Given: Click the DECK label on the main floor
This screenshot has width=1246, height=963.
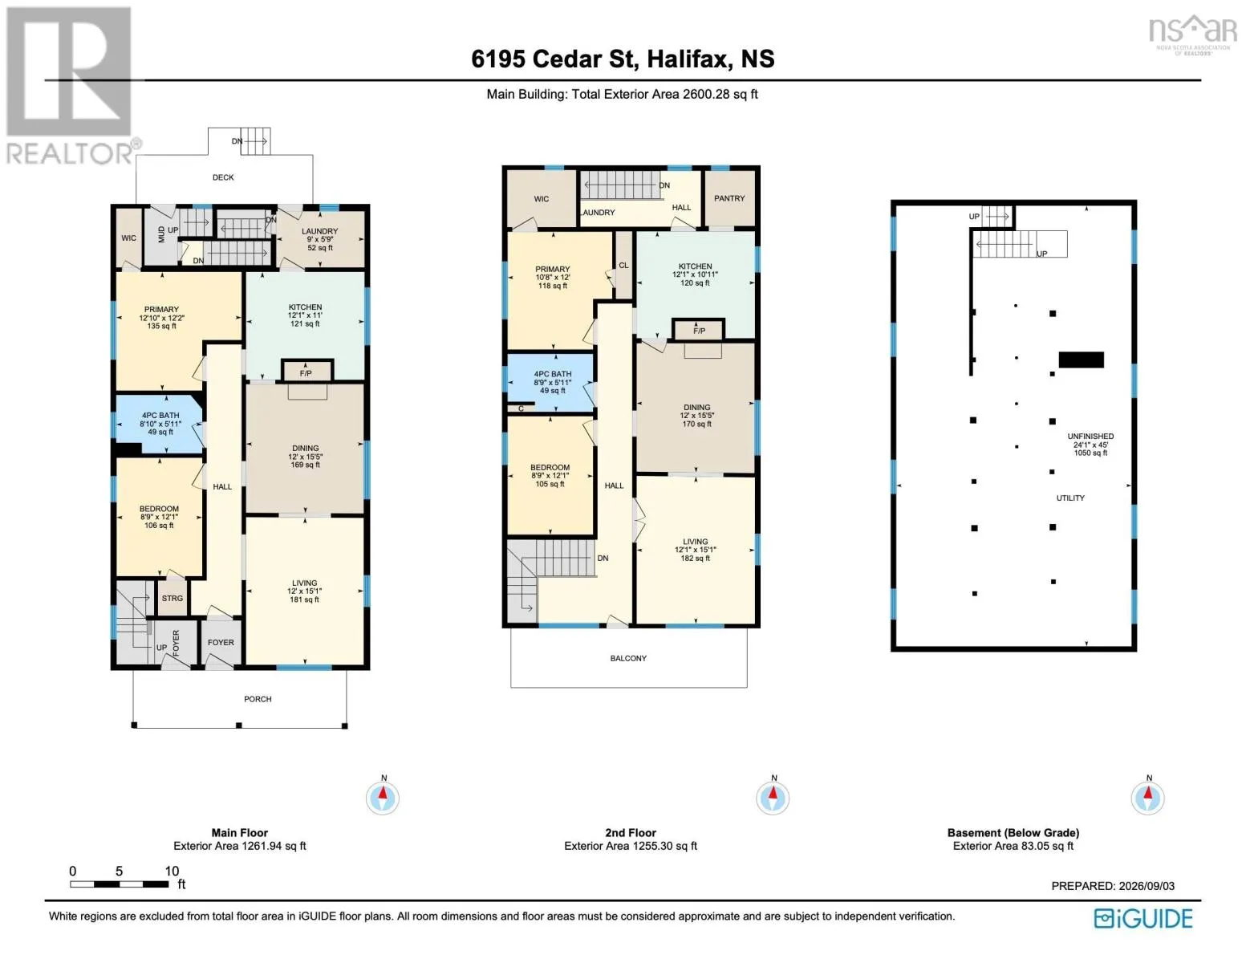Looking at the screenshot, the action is [x=223, y=178].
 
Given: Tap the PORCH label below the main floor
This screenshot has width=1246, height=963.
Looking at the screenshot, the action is [x=258, y=699].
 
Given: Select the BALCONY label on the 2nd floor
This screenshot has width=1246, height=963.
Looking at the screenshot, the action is [x=628, y=658].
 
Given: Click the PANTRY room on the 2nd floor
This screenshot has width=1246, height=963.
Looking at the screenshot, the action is [x=729, y=198].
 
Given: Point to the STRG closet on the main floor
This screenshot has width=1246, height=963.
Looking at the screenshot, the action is [x=172, y=598].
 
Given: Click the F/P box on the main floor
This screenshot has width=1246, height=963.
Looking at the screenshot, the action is [x=306, y=372].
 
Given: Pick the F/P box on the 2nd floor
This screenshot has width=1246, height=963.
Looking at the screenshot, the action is [x=699, y=330].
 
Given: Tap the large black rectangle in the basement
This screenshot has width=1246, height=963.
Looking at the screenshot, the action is [x=1081, y=360].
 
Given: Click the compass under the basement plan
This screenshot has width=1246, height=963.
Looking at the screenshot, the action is [x=1148, y=798].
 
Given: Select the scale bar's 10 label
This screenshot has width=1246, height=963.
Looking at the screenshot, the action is [x=172, y=871].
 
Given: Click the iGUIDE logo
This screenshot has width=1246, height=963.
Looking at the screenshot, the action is [x=1143, y=918].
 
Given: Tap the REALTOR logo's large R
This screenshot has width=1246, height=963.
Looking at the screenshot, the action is [x=69, y=71].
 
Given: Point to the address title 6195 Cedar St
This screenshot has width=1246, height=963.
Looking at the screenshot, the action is [x=554, y=59].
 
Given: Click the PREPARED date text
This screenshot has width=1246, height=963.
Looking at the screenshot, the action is [x=1112, y=886].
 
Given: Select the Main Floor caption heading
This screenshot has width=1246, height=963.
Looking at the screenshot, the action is [x=240, y=833].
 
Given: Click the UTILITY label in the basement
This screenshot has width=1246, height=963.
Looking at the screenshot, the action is [x=1070, y=498].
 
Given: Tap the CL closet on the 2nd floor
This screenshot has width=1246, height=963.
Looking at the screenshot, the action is [x=624, y=265].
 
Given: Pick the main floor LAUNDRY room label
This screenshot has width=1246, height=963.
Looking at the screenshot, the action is [x=320, y=231].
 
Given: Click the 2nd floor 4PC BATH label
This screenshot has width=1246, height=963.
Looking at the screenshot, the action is [x=553, y=374].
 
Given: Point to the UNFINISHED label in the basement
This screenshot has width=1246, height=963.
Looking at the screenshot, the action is [x=1090, y=437].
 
